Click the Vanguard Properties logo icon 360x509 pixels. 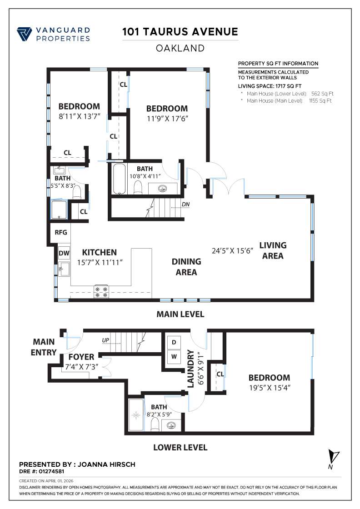tap(25, 34)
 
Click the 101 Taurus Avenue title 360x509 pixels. tap(180, 32)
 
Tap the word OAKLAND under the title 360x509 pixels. tap(180, 48)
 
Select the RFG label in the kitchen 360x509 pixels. tap(61, 232)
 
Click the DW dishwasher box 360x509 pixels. tap(64, 253)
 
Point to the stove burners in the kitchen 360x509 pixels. tap(101, 291)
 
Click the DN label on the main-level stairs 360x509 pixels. tap(185, 204)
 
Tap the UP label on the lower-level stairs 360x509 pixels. tap(105, 340)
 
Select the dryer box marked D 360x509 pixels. tap(174, 342)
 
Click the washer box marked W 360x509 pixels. tap(174, 357)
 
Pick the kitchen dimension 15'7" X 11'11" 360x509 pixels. tap(100, 262)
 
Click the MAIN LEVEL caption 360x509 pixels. tap(180, 314)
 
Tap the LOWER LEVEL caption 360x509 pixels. tap(180, 447)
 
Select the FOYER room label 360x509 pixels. tap(81, 357)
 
